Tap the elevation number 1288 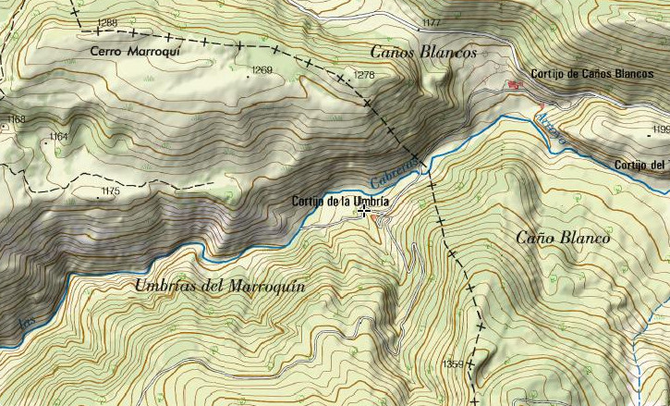point(107,22)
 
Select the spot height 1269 point(262,70)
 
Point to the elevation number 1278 point(364,75)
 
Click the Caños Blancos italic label point(423,53)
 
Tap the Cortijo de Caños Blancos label point(592,74)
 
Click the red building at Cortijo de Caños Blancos point(514,85)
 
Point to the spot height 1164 point(58,137)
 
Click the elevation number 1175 point(110,191)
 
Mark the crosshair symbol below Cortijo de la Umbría point(365,212)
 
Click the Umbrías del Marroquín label point(220,286)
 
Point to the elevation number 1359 point(453,363)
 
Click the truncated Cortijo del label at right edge point(640,166)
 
